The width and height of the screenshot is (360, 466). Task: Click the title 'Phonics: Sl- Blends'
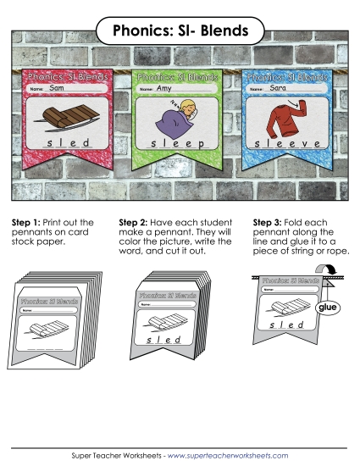coord(180,31)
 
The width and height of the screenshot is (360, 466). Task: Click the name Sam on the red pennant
coord(58,88)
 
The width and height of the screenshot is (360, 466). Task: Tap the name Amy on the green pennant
coord(164,88)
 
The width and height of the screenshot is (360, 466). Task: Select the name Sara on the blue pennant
coord(279,88)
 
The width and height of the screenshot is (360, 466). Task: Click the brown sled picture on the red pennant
coord(70,119)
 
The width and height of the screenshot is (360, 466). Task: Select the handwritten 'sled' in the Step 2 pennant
coord(165,338)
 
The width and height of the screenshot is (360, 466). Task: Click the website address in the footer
coord(229,456)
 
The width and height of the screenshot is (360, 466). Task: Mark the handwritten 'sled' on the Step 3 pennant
coord(289,325)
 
